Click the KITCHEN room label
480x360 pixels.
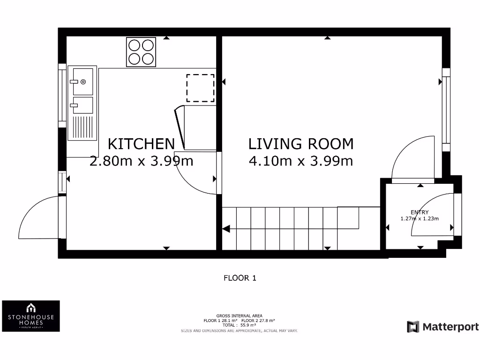pyautogui.click(x=141, y=143)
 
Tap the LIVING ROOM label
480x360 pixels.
pyautogui.click(x=301, y=143)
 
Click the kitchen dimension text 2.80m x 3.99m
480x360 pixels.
pyautogui.click(x=141, y=161)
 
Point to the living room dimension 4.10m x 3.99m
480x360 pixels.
pyautogui.click(x=301, y=161)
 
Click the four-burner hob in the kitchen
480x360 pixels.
pyautogui.click(x=141, y=52)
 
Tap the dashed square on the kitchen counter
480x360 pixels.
pyautogui.click(x=200, y=88)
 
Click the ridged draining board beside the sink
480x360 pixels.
pyautogui.click(x=83, y=127)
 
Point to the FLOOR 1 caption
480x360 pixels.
pyautogui.click(x=240, y=278)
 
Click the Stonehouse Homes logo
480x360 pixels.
pyautogui.click(x=31, y=316)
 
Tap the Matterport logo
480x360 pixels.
pyautogui.click(x=443, y=327)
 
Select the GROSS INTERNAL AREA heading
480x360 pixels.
pyautogui.click(x=240, y=315)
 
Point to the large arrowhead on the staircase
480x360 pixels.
pyautogui.click(x=225, y=229)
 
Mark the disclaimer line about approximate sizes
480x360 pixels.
pyautogui.click(x=240, y=330)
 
